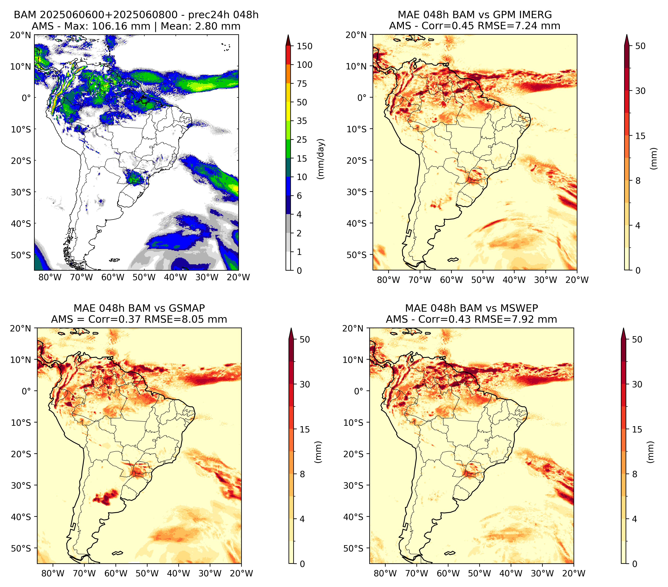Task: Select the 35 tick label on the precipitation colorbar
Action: click(x=302, y=121)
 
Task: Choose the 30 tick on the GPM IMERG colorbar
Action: click(x=640, y=91)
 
